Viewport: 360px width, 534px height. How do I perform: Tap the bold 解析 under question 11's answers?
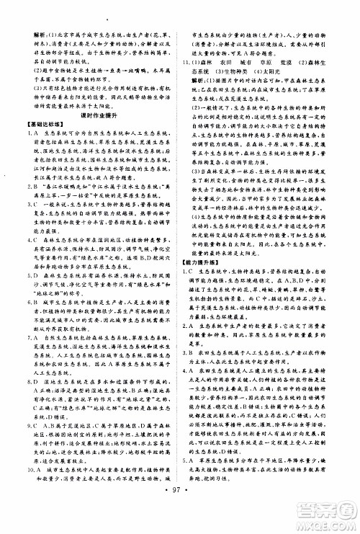tap(209, 82)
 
